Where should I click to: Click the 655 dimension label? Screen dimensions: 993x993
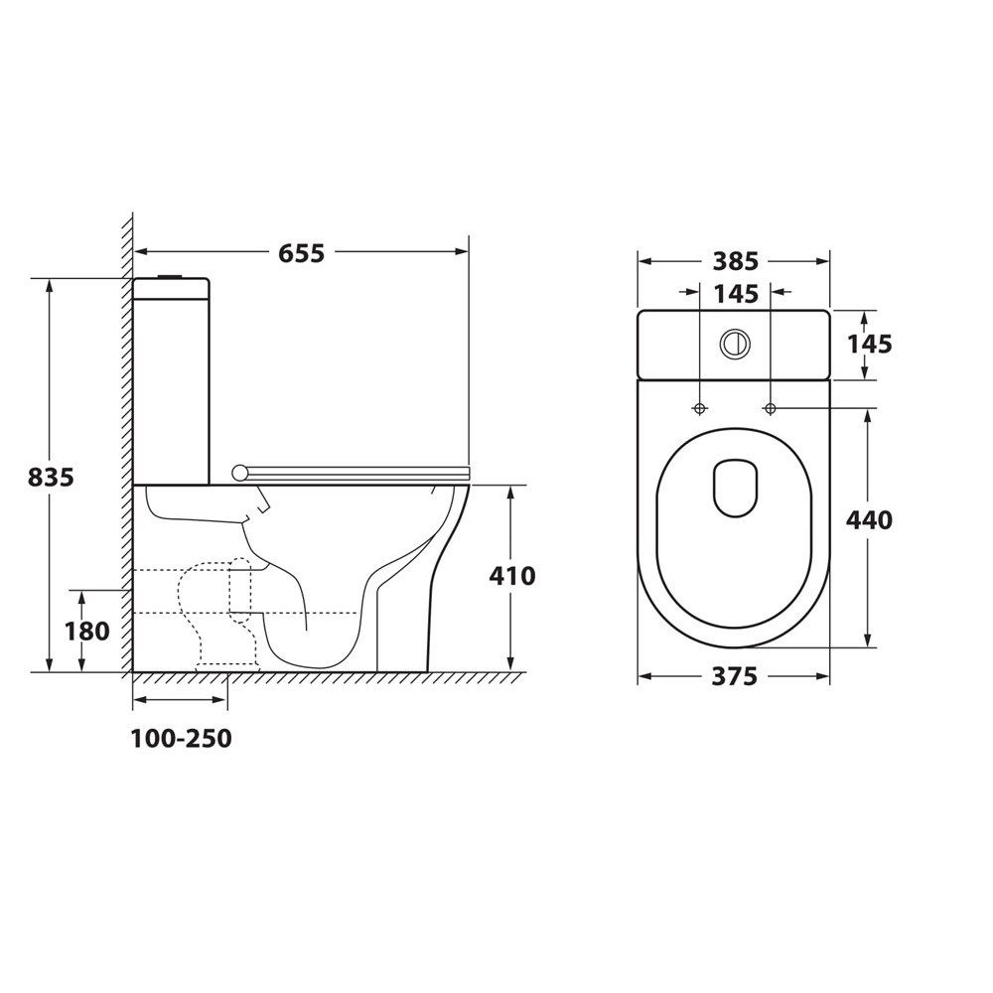(x=302, y=253)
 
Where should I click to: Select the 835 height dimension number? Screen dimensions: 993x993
(x=51, y=477)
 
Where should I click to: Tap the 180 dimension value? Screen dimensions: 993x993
(x=86, y=631)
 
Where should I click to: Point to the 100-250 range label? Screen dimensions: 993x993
(x=181, y=739)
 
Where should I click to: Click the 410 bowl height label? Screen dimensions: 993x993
(x=512, y=576)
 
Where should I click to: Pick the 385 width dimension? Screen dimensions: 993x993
(x=735, y=261)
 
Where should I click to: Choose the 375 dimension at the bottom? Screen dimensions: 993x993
(x=734, y=676)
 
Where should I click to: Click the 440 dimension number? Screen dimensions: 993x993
(x=869, y=520)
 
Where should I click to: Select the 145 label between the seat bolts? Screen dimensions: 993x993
(x=735, y=294)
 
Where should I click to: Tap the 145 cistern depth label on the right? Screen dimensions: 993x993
(x=869, y=344)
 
